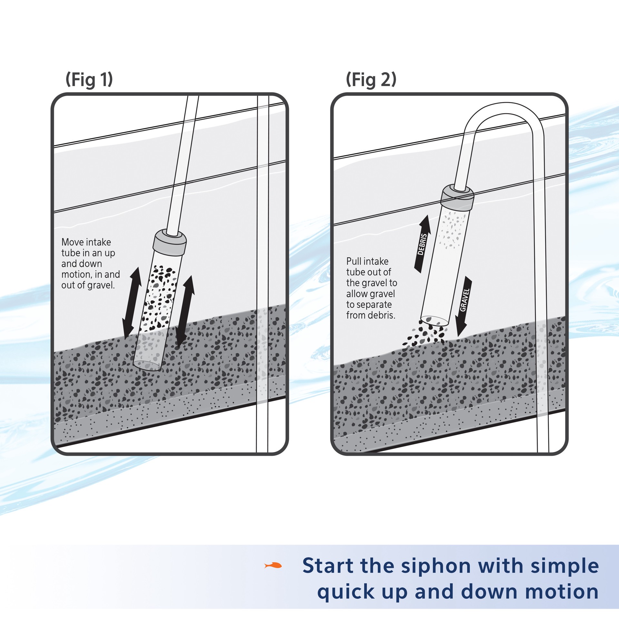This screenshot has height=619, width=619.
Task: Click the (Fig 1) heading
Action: point(89,80)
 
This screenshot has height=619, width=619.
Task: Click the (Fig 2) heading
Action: point(371,80)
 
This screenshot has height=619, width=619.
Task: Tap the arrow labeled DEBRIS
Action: point(422,244)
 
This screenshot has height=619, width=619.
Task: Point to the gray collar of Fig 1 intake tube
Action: point(170,242)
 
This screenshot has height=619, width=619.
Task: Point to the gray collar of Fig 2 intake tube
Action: point(457,197)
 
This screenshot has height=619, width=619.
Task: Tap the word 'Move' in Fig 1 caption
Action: point(72,242)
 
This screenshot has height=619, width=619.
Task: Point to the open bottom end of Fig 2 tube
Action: point(435,320)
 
